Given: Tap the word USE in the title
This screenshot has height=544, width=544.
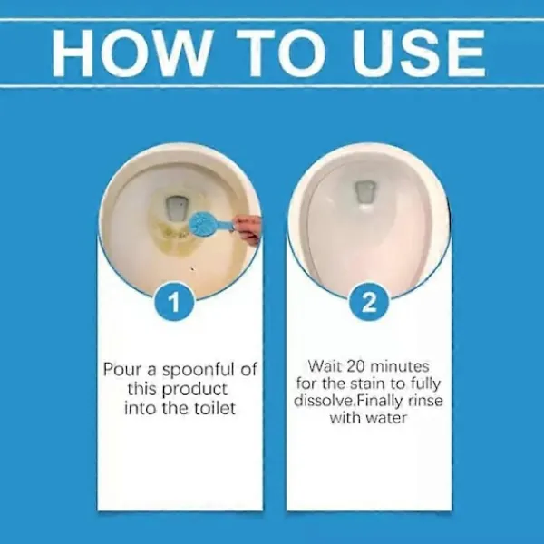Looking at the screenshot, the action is click(x=418, y=53).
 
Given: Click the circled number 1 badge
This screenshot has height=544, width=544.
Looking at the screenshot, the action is click(x=174, y=302).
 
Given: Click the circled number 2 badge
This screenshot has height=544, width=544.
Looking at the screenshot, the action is click(x=369, y=302).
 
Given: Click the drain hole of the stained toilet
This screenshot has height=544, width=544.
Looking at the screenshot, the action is click(x=177, y=209).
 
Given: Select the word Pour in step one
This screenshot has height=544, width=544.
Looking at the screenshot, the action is click(x=121, y=370).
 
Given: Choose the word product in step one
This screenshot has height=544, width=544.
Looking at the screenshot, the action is click(x=195, y=390).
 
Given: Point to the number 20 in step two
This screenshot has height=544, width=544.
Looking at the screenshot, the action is click(x=357, y=366).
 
